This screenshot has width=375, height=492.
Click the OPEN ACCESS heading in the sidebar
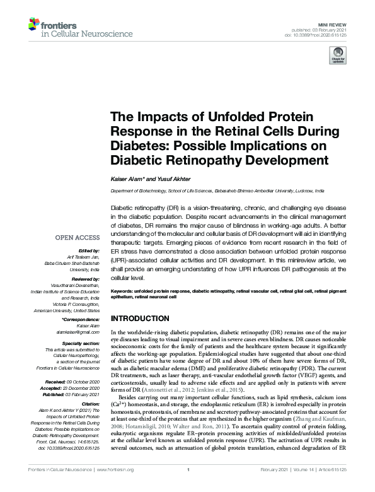pyautogui.click(x=78, y=237)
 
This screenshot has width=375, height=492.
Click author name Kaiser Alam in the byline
pyautogui.click(x=126, y=180)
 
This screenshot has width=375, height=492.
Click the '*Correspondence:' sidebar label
pyautogui.click(x=81, y=318)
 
